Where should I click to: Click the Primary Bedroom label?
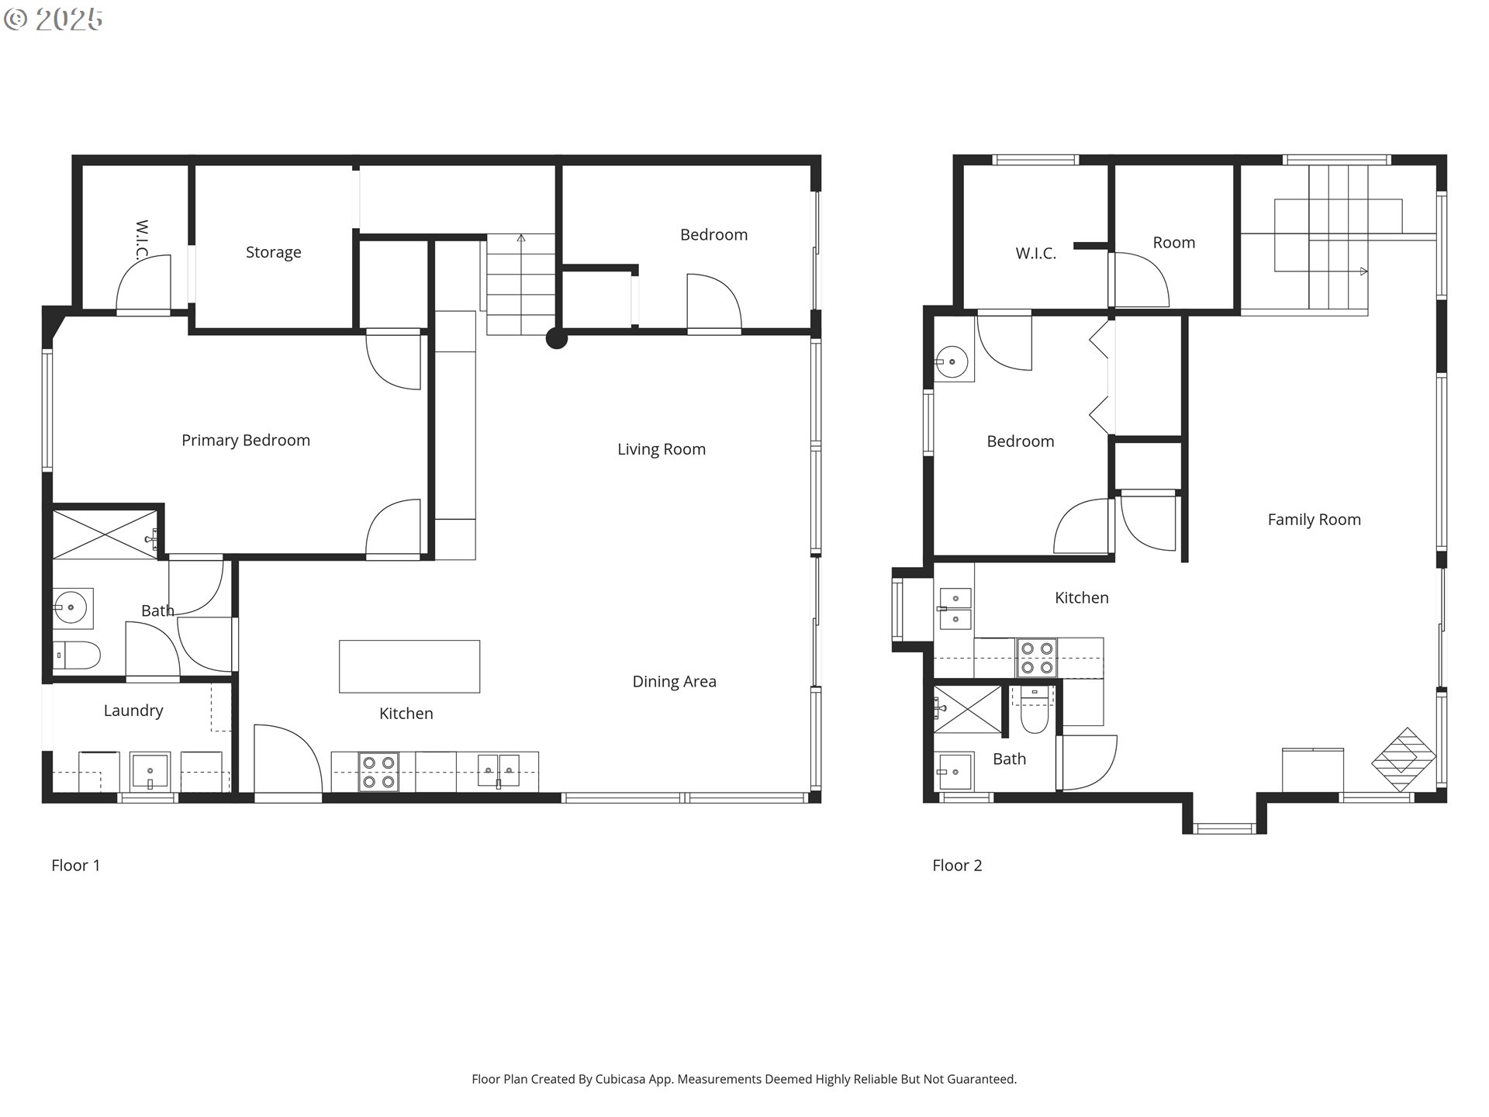click(245, 440)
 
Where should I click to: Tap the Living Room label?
click(661, 449)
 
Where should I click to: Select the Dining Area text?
click(674, 681)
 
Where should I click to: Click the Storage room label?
click(273, 252)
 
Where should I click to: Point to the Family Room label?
click(1314, 520)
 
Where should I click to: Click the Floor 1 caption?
click(75, 865)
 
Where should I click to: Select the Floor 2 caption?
click(956, 865)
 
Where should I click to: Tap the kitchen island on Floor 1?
click(409, 666)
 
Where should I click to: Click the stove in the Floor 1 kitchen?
click(378, 772)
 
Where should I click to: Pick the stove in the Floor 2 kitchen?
click(1037, 657)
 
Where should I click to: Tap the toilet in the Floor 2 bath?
click(1034, 712)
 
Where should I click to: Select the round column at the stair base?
click(556, 338)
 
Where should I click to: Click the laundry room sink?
click(149, 771)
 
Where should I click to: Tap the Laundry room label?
click(133, 711)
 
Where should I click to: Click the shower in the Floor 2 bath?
click(966, 709)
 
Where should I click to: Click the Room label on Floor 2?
click(1173, 243)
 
